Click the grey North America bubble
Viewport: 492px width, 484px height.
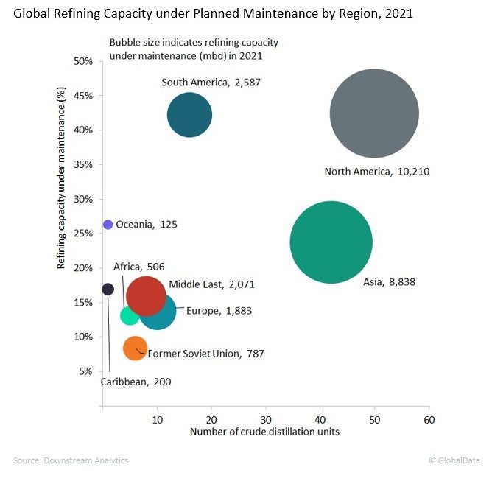(x=374, y=113)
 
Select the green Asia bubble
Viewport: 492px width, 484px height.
(x=331, y=242)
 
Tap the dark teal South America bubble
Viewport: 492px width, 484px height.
(x=189, y=114)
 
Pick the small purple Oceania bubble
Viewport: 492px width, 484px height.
(x=108, y=225)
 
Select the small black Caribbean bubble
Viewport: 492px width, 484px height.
(x=108, y=289)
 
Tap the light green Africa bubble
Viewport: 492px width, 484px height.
(x=129, y=316)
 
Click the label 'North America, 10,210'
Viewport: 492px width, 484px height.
(x=376, y=172)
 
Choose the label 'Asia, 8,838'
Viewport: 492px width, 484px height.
(x=390, y=281)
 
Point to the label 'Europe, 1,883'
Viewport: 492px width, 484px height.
(x=218, y=311)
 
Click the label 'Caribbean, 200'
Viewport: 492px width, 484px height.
(x=135, y=382)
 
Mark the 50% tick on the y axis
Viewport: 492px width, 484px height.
(x=83, y=61)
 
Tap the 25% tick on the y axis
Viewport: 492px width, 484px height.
(x=83, y=234)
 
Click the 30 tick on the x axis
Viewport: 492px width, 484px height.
(x=265, y=419)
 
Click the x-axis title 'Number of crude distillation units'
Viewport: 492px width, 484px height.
(x=264, y=432)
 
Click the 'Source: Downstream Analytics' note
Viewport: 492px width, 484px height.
(x=71, y=460)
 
